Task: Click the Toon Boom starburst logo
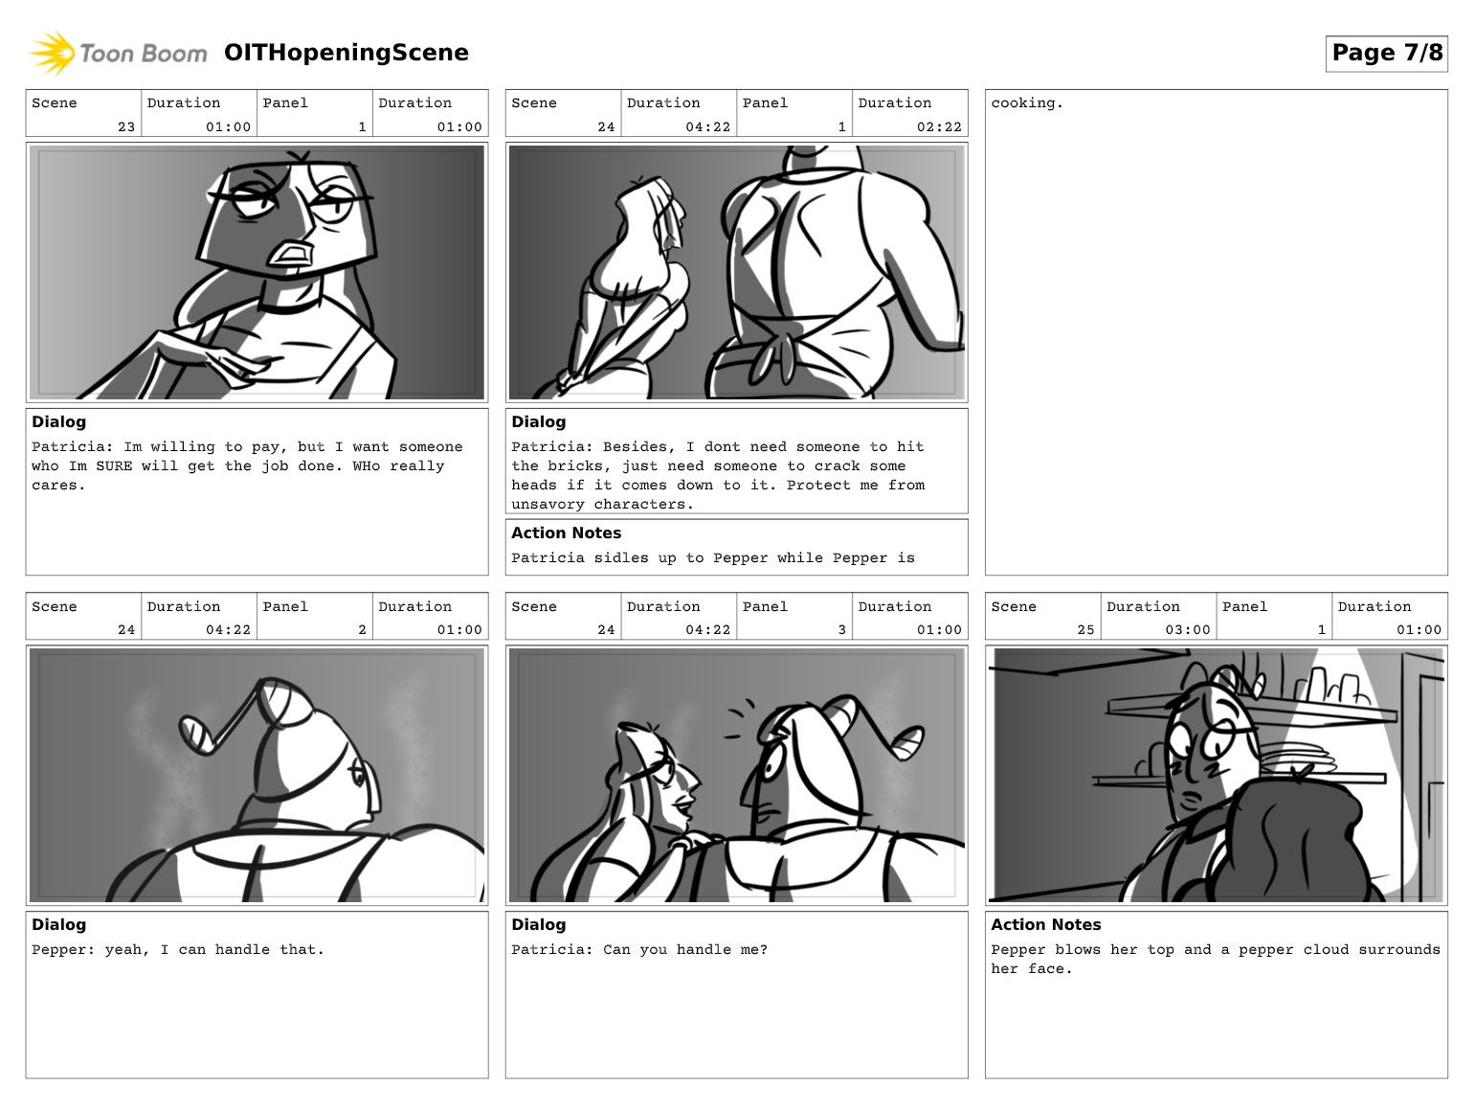(52, 53)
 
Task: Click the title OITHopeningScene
(346, 53)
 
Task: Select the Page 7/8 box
(1386, 53)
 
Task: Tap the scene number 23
(126, 126)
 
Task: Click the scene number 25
(1086, 630)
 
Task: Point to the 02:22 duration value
(939, 126)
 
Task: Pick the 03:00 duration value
(1188, 630)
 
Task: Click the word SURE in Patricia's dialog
(114, 465)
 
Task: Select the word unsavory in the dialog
(548, 504)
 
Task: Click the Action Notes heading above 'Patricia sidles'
(566, 533)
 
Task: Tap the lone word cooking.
(1027, 103)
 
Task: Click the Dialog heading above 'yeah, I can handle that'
(58, 924)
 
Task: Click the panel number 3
(841, 630)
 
